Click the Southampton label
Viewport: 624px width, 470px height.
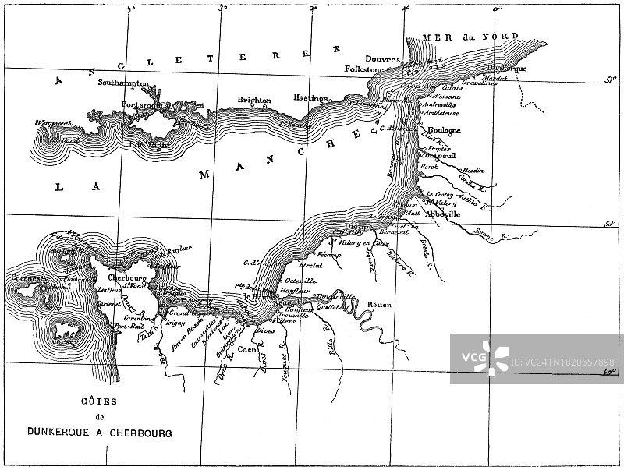point(121,82)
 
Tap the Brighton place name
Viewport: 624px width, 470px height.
point(255,101)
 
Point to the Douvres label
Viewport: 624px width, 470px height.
point(381,59)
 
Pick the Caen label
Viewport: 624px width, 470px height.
point(247,350)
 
